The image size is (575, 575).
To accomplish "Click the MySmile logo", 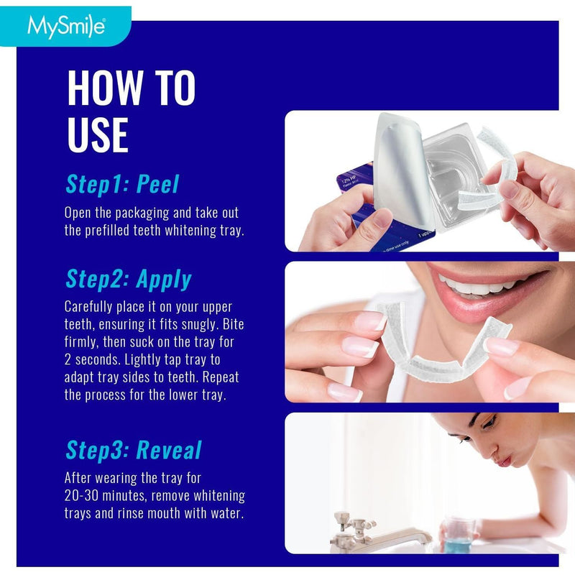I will [66, 27].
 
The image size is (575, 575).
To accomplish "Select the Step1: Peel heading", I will [121, 184].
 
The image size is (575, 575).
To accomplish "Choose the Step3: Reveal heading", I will [133, 450].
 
